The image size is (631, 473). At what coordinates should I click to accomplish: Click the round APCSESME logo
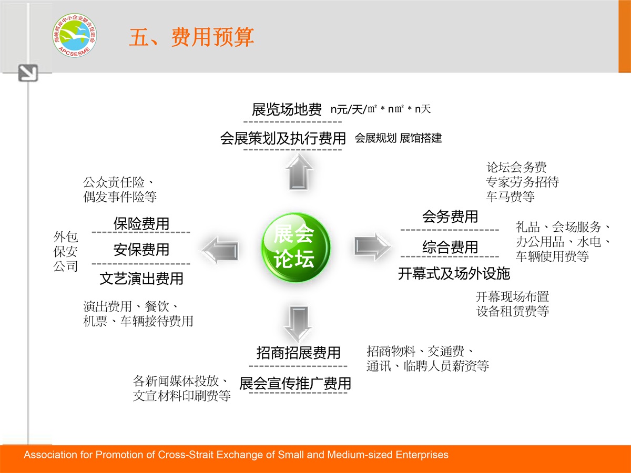(x=75, y=35)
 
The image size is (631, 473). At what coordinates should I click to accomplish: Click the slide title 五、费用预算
(x=191, y=37)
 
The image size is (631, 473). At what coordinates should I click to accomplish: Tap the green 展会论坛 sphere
(x=296, y=247)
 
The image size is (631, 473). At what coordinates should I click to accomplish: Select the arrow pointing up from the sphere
(x=299, y=171)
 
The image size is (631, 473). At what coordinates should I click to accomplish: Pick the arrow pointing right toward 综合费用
(x=372, y=246)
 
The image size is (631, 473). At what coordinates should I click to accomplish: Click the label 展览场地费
(x=287, y=109)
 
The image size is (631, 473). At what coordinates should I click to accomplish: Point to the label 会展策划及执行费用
(x=283, y=138)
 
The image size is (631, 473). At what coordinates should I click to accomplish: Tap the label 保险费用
(x=141, y=223)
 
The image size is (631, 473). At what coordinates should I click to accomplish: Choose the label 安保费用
(x=141, y=249)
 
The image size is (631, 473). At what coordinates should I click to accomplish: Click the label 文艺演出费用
(x=141, y=279)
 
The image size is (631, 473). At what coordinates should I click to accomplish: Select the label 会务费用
(x=450, y=216)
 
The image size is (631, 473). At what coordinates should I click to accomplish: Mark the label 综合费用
(x=450, y=247)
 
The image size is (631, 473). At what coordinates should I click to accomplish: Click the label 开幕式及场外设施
(x=454, y=273)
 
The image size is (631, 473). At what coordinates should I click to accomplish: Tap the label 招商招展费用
(x=298, y=352)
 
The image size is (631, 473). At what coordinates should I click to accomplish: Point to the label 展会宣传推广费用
(x=295, y=384)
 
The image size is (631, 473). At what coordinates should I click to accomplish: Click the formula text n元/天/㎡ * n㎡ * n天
(x=381, y=109)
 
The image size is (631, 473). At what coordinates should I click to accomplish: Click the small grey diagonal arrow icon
(x=28, y=73)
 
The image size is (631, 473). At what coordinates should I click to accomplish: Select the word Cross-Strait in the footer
(x=186, y=455)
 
